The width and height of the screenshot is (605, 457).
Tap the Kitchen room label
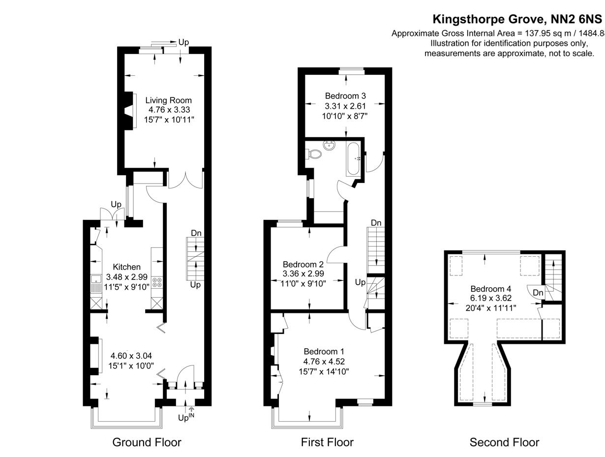(127, 267)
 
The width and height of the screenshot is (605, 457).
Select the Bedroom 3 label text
(345, 96)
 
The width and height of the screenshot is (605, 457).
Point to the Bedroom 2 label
(303, 264)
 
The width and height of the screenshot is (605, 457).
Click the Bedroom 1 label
(324, 351)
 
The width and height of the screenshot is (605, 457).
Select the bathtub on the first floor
(354, 158)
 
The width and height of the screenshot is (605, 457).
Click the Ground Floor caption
(147, 442)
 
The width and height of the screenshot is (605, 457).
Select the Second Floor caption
(504, 442)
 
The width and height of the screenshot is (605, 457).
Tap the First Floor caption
(327, 442)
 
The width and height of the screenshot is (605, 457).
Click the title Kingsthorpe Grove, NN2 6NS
(517, 19)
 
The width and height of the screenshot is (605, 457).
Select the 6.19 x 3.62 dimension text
(490, 298)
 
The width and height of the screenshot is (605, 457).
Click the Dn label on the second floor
(538, 293)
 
